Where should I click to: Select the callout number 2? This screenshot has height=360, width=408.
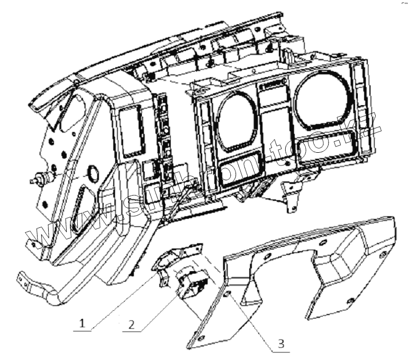(x=130, y=322)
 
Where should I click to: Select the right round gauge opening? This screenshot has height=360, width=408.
(x=322, y=101)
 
